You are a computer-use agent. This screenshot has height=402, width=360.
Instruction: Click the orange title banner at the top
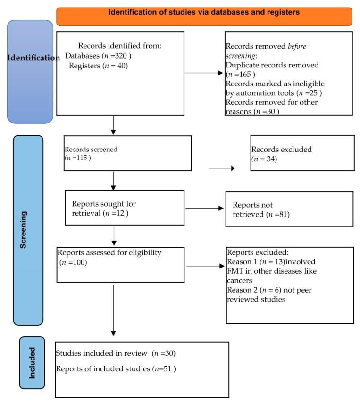(x=204, y=16)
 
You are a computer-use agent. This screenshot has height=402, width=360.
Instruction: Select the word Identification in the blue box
(x=33, y=58)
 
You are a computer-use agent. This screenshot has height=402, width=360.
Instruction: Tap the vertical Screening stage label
(x=25, y=230)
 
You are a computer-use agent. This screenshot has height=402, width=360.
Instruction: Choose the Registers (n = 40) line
(x=98, y=66)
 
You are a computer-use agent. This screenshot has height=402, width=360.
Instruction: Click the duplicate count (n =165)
(x=241, y=74)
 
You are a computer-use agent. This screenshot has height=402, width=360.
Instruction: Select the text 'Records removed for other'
(x=272, y=102)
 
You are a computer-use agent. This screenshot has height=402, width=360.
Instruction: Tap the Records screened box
(x=127, y=153)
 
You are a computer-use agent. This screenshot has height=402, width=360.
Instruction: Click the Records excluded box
(x=302, y=153)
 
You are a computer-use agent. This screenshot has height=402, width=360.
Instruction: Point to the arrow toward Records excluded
(x=222, y=167)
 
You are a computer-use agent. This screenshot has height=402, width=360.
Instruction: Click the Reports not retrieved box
(x=289, y=209)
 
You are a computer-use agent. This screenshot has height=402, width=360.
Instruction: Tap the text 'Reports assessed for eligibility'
(x=109, y=253)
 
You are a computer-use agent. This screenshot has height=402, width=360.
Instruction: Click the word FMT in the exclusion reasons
(x=235, y=271)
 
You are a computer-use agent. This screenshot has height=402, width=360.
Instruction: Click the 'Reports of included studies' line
(x=116, y=368)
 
